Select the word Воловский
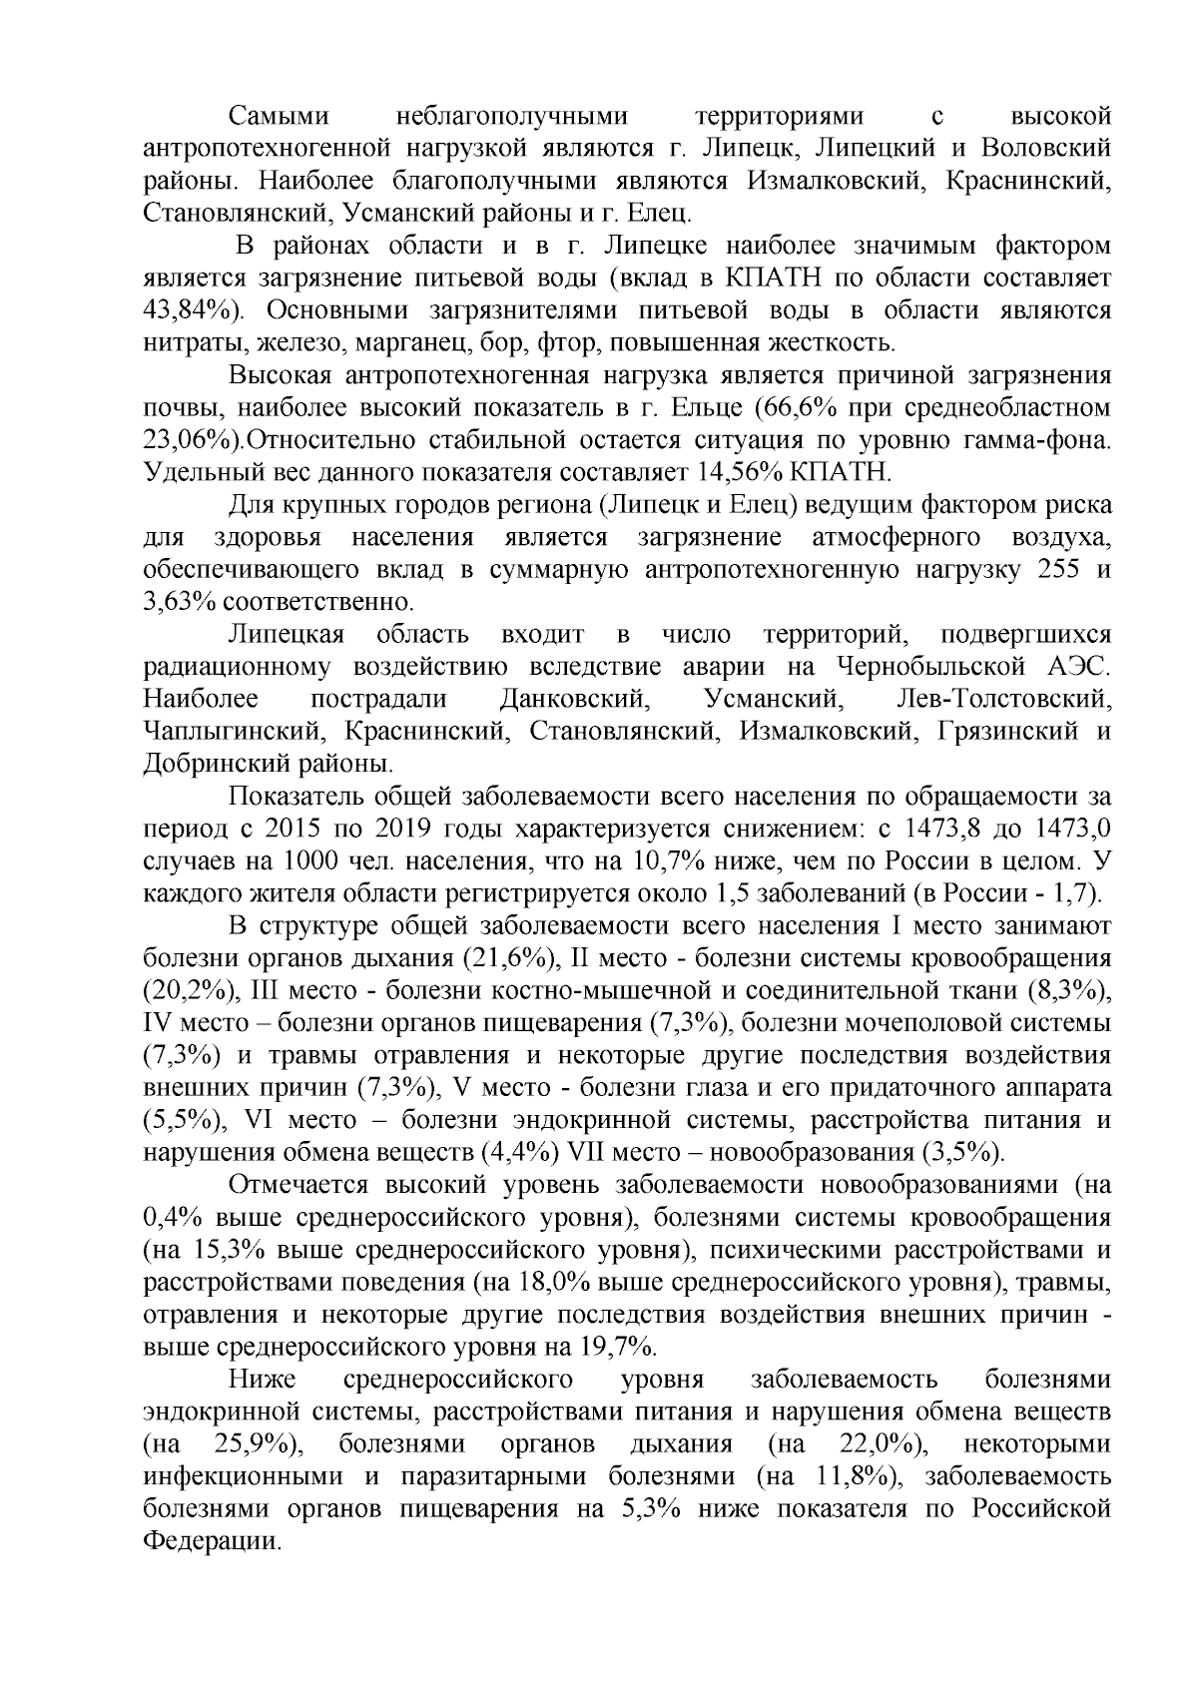(x=1047, y=149)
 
